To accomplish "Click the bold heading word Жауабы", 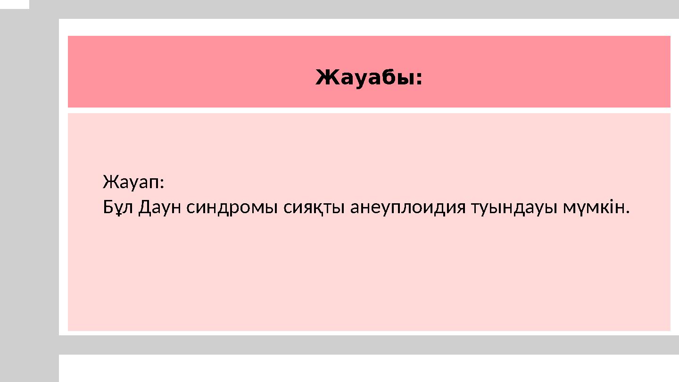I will coord(366,78).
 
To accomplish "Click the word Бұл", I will coord(118,207).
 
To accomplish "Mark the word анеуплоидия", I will coord(408,208).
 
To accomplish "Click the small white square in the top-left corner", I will coord(14,4).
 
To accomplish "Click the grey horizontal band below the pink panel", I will coord(368,345).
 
